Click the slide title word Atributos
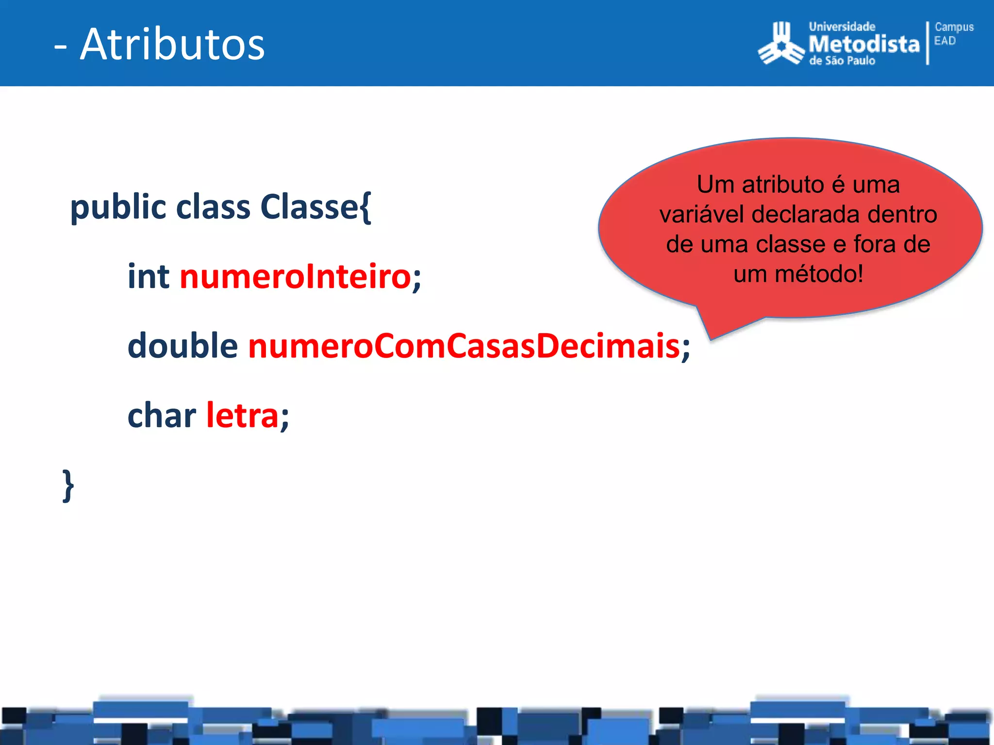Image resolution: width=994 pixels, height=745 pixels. pos(172,45)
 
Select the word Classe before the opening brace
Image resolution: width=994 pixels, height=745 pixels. pos(309,207)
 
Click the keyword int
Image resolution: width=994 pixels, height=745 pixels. pos(149,276)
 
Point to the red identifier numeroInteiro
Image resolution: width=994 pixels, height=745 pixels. pos(296,276)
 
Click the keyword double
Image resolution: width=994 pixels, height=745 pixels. pos(182,346)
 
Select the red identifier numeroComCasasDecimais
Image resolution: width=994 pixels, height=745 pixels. pos(464,346)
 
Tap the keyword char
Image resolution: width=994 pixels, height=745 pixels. pos(162,416)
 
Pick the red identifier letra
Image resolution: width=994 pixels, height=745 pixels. pos(242,416)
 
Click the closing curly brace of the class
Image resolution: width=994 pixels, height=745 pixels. pos(68,486)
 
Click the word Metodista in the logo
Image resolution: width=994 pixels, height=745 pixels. pos(864,44)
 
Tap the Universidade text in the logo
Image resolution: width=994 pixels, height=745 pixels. pos(842,27)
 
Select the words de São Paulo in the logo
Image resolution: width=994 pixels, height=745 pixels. pos(842,61)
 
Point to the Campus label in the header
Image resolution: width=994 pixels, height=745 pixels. pos(954,27)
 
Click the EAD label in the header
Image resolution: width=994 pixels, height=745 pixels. pos(945,41)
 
